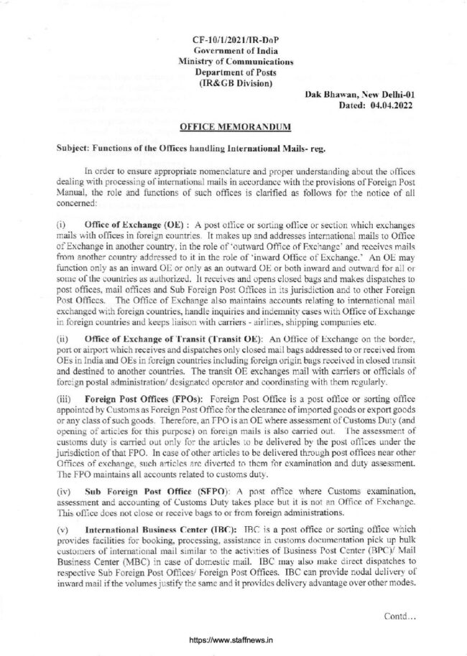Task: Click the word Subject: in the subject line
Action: [76, 149]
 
